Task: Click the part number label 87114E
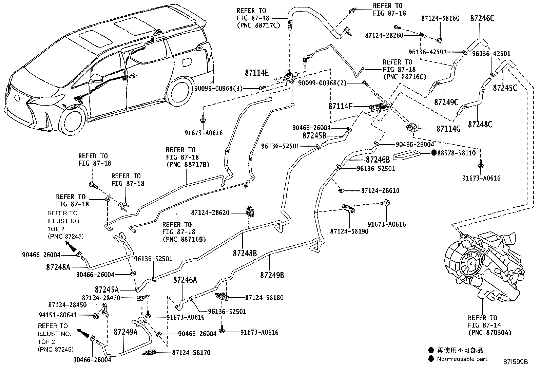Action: point(256,73)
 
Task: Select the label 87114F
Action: point(340,106)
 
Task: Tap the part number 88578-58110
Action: point(456,153)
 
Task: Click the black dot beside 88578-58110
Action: point(433,153)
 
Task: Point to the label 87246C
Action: point(482,19)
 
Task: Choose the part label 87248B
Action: point(245,253)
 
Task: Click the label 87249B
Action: point(272,275)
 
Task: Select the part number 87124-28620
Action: point(210,213)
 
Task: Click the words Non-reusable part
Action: point(462,359)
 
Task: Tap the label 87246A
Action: point(185,280)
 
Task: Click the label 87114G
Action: point(448,129)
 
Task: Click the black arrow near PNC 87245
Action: point(71,246)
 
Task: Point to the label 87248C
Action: point(480,125)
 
